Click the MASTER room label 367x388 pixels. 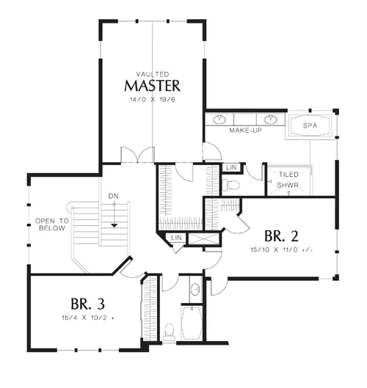coord(152,86)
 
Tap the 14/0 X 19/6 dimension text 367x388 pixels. coord(153,100)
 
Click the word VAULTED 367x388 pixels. coord(153,74)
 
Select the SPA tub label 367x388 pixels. coord(310,125)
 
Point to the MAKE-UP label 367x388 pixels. coord(245,130)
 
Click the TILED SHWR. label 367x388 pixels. coord(288,180)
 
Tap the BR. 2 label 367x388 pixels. coord(281,236)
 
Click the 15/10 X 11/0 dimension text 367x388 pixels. coord(282,249)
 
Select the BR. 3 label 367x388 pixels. coord(87,304)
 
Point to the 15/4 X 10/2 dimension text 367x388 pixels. coord(88,318)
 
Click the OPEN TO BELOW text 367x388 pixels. coord(52,224)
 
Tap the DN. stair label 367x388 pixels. coord(115,197)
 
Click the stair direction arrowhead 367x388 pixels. coord(115,225)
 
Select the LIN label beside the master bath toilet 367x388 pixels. coord(231,167)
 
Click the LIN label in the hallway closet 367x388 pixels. coord(176,238)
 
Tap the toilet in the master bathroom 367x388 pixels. coord(230,185)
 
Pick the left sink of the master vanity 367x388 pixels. coord(219,120)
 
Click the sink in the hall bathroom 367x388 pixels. coord(196,290)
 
